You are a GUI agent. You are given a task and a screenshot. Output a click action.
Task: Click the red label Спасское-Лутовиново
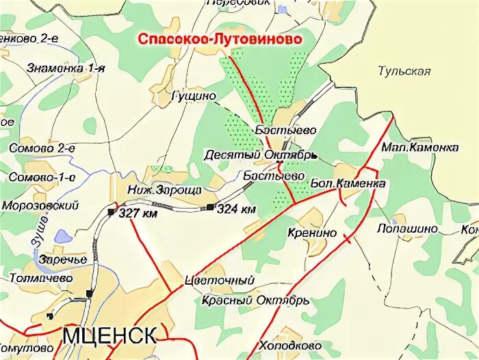coord(220,40)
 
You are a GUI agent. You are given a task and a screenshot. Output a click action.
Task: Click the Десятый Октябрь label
coord(259,155)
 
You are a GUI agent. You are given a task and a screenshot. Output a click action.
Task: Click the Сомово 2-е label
coord(42,147)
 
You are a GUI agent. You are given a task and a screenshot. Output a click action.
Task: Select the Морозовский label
coord(40,205)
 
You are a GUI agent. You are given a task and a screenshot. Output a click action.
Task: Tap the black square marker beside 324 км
coord(209,207)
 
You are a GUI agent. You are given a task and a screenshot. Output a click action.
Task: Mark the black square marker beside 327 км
coord(111,212)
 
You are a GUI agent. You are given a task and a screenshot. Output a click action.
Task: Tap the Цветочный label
coord(220,281)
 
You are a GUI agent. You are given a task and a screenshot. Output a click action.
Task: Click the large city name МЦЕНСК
coord(109,335)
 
